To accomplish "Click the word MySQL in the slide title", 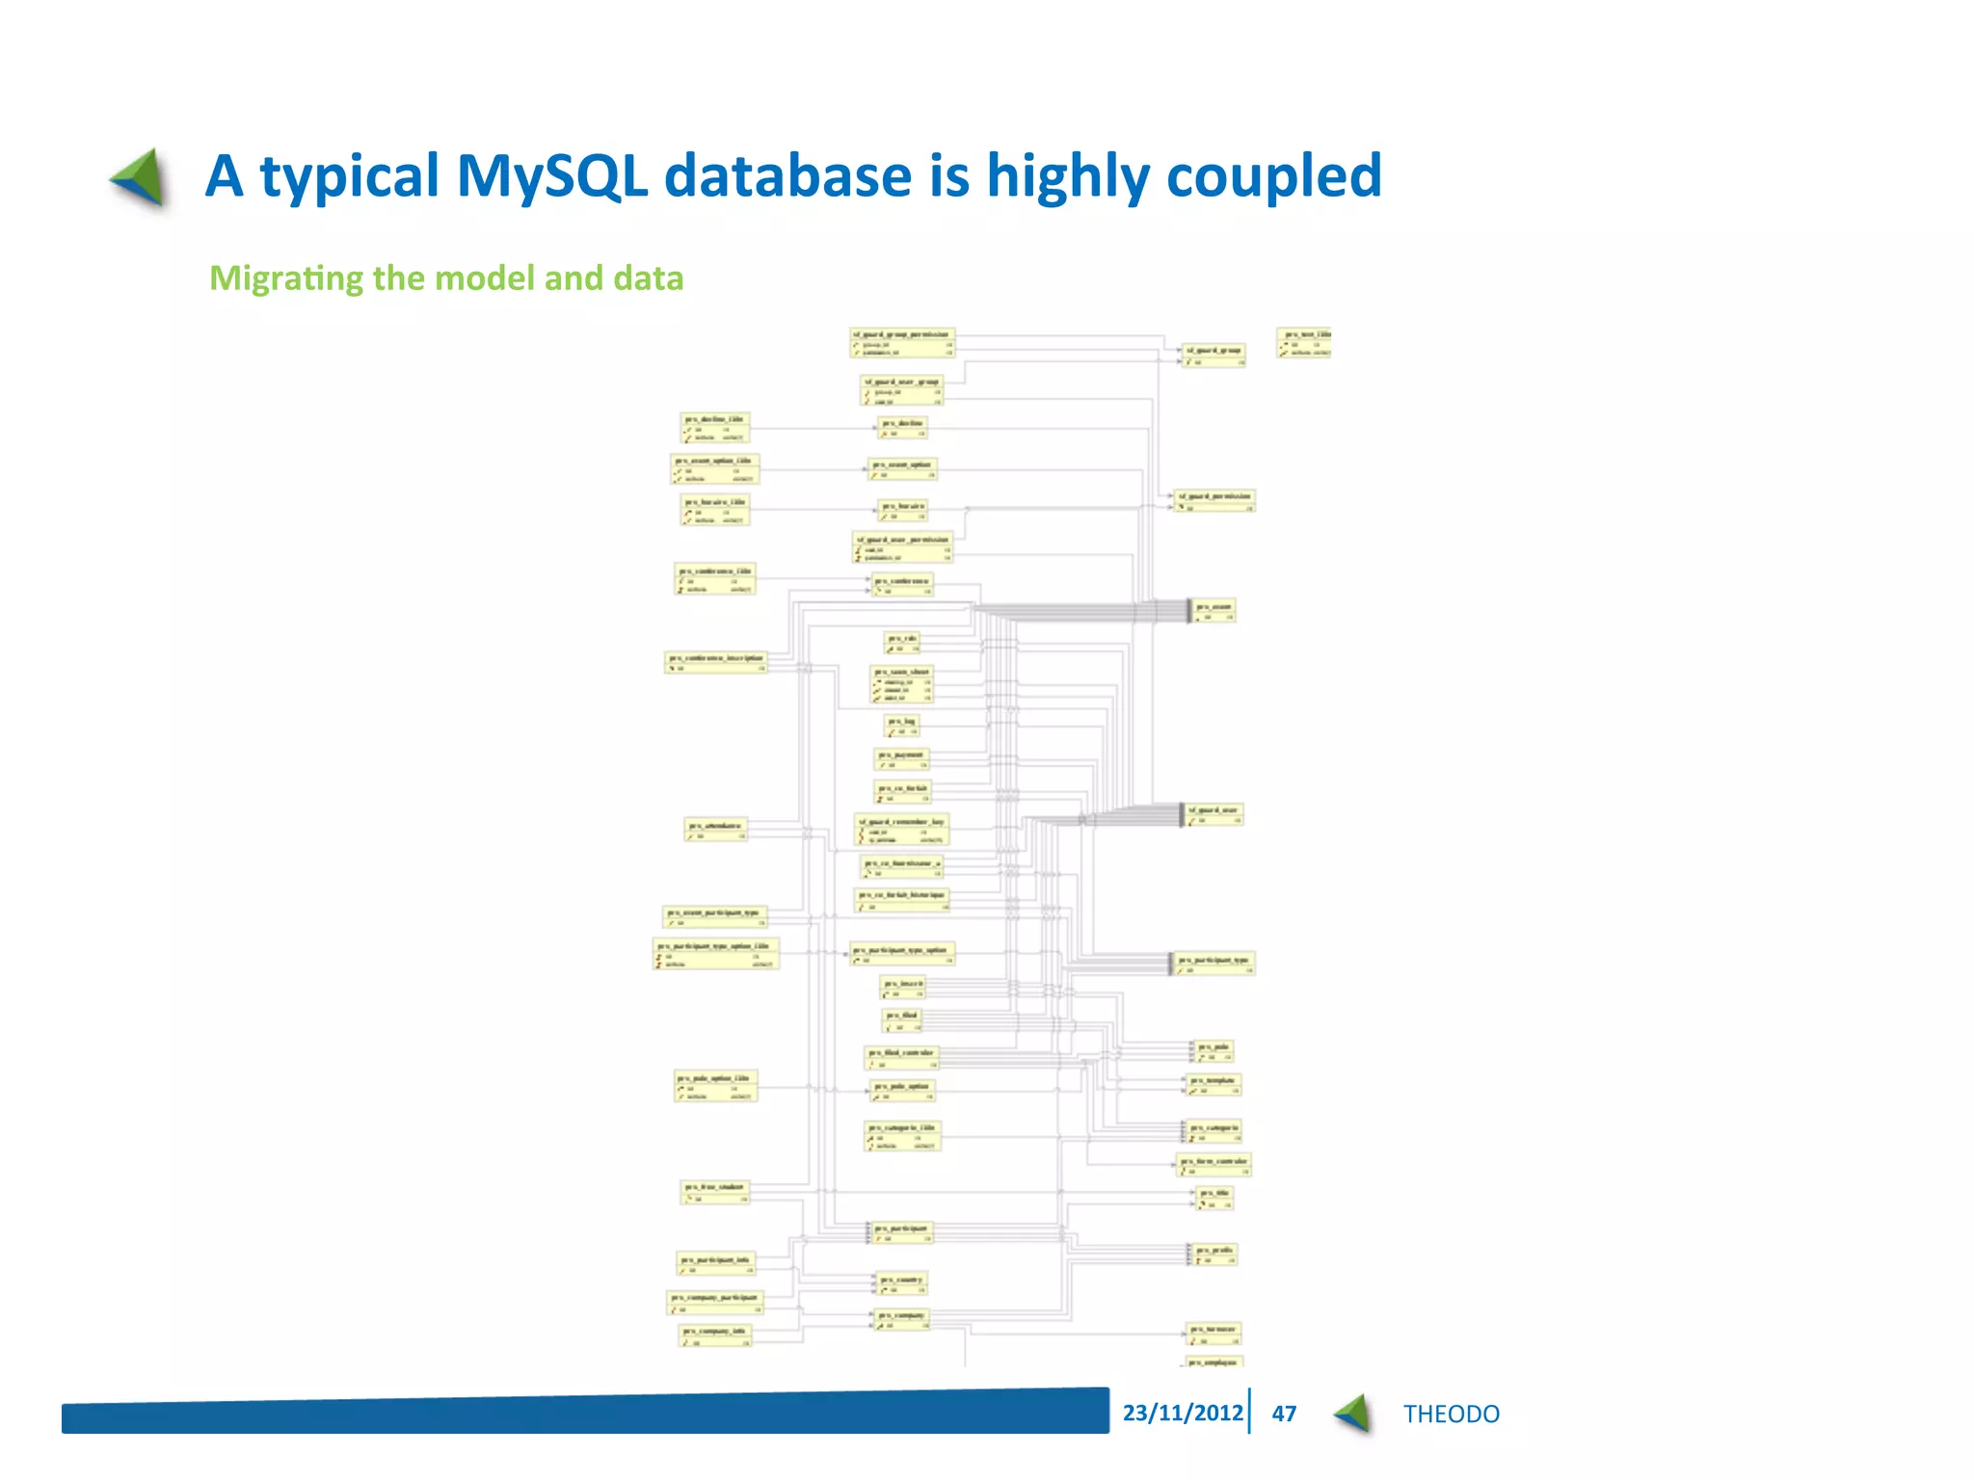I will tap(551, 177).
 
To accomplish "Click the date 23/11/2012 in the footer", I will tap(1183, 1413).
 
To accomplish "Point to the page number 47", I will tap(1284, 1414).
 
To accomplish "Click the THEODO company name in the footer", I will tap(1451, 1414).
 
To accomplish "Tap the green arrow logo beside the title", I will tap(140, 178).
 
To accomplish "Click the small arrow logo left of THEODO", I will tap(1354, 1414).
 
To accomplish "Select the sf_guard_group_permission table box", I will tap(902, 342).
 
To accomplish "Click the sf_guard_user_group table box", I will tap(902, 389).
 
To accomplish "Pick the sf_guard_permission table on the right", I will tap(1214, 500).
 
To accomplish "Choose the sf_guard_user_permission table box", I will tap(903, 547).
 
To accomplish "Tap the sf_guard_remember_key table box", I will tap(902, 830).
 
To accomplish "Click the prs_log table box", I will tap(902, 726).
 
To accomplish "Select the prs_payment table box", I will tap(902, 759).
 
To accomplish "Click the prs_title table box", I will tap(1214, 1198).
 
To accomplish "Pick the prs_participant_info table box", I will tap(715, 1264).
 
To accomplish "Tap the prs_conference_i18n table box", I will tap(715, 578).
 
